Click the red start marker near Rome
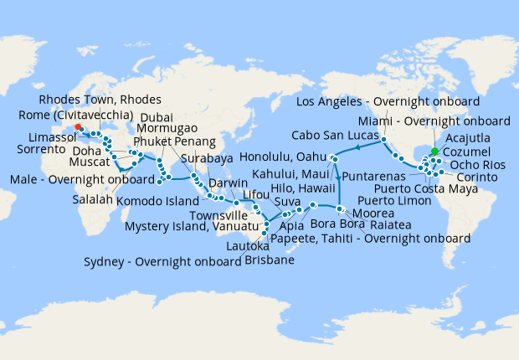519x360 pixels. point(78,127)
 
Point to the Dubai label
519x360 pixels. point(157,117)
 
